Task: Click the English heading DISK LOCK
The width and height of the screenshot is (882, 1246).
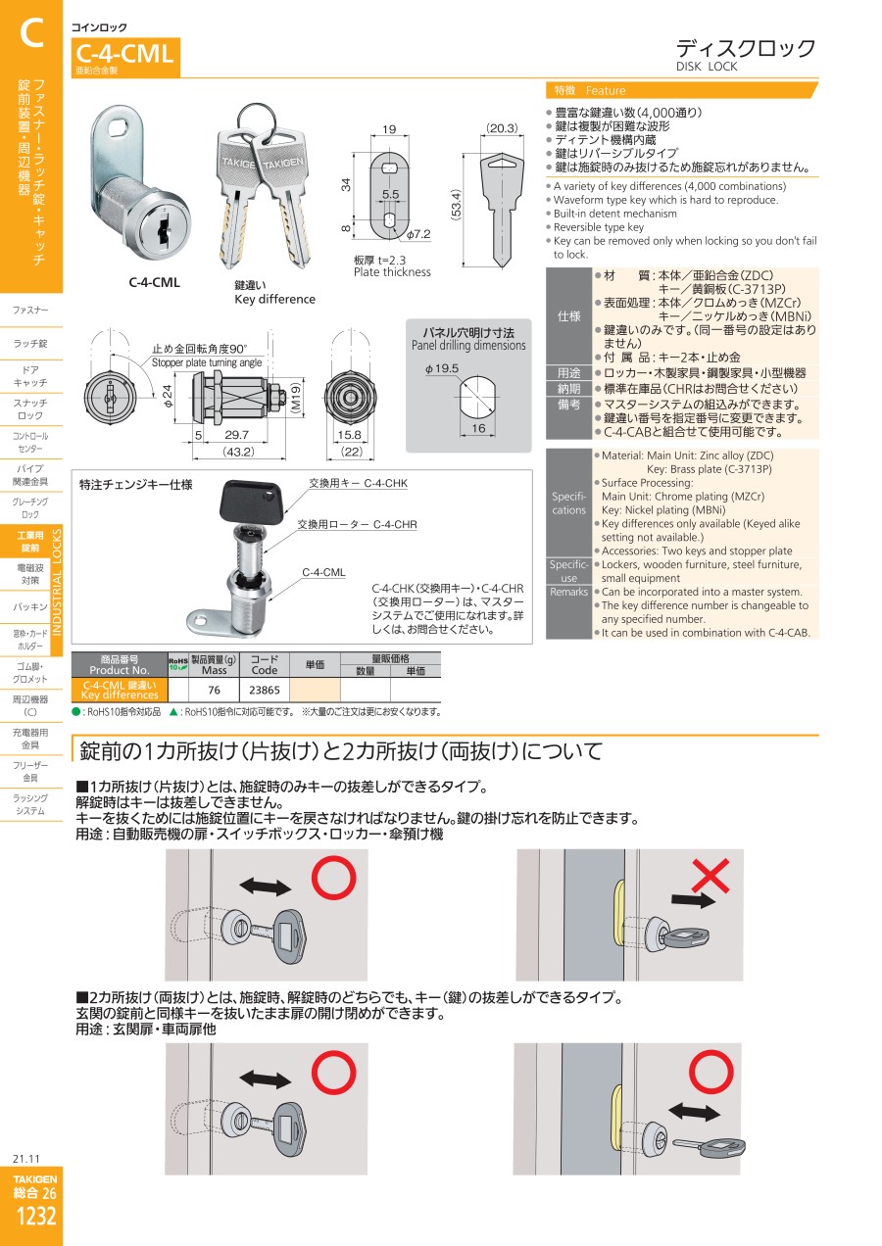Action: point(707,67)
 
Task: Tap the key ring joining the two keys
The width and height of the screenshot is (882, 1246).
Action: point(257,120)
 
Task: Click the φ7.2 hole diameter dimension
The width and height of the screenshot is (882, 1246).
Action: point(417,234)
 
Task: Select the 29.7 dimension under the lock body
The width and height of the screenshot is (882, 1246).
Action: point(236,434)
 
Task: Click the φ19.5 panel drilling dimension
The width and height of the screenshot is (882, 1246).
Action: point(442,368)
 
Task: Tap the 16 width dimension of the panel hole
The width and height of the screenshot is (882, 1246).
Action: point(478,428)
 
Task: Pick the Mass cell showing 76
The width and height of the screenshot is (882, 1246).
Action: point(215,690)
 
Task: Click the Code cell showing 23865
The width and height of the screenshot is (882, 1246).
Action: point(265,690)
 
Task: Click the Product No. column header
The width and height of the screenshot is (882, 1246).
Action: point(120,665)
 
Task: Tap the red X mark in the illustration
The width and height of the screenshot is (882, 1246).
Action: point(710,876)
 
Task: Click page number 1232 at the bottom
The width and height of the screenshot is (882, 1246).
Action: point(36,1216)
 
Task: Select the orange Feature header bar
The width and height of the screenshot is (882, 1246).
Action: point(682,90)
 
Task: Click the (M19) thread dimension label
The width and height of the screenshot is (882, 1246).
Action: point(297,397)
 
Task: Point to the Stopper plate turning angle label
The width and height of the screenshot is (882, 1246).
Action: point(207,362)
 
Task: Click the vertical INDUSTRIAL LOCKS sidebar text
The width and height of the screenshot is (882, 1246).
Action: point(56,582)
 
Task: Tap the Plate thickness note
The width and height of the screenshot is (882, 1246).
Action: point(392,272)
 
